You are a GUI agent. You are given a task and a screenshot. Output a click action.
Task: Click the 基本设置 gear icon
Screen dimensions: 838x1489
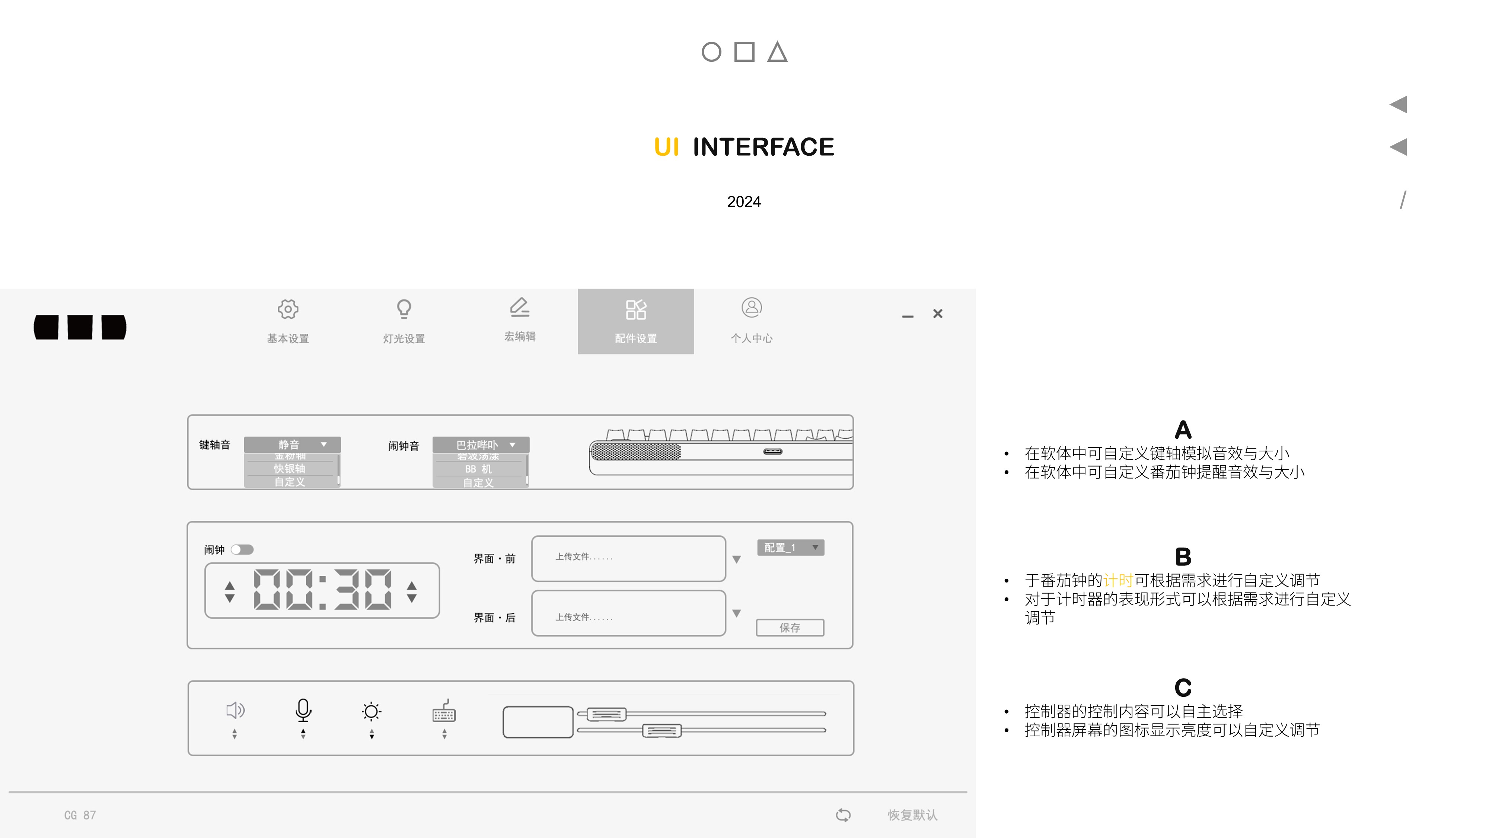click(288, 310)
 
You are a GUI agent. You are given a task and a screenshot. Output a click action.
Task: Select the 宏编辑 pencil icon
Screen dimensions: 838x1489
click(520, 307)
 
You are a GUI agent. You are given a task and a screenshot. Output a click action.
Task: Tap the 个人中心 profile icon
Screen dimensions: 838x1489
click(752, 308)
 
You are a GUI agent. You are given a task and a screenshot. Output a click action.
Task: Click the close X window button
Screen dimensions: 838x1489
click(938, 314)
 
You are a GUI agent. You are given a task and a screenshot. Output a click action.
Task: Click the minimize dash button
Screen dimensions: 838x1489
click(908, 316)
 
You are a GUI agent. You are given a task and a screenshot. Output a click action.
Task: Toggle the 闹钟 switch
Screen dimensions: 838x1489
click(242, 549)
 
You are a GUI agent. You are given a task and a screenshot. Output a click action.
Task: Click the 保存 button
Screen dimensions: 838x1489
click(790, 628)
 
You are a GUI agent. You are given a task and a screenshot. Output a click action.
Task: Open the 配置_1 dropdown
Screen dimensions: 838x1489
click(790, 547)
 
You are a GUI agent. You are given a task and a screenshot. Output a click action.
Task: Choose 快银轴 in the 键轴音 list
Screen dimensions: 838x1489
click(290, 469)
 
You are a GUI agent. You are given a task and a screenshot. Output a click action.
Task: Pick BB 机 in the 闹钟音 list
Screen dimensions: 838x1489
click(479, 469)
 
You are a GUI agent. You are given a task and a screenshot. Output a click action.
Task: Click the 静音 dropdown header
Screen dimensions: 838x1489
click(292, 444)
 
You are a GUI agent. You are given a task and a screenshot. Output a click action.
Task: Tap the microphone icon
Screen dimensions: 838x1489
click(303, 710)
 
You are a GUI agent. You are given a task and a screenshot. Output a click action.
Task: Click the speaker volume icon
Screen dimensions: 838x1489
click(235, 710)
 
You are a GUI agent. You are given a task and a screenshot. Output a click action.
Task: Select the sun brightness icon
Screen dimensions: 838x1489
click(371, 711)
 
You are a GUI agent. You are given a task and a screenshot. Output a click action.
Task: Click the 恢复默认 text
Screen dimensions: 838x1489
click(912, 815)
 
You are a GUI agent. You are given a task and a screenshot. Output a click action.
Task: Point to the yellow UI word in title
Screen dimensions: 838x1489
click(666, 147)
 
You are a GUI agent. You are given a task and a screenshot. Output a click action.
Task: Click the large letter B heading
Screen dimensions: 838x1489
click(1183, 557)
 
